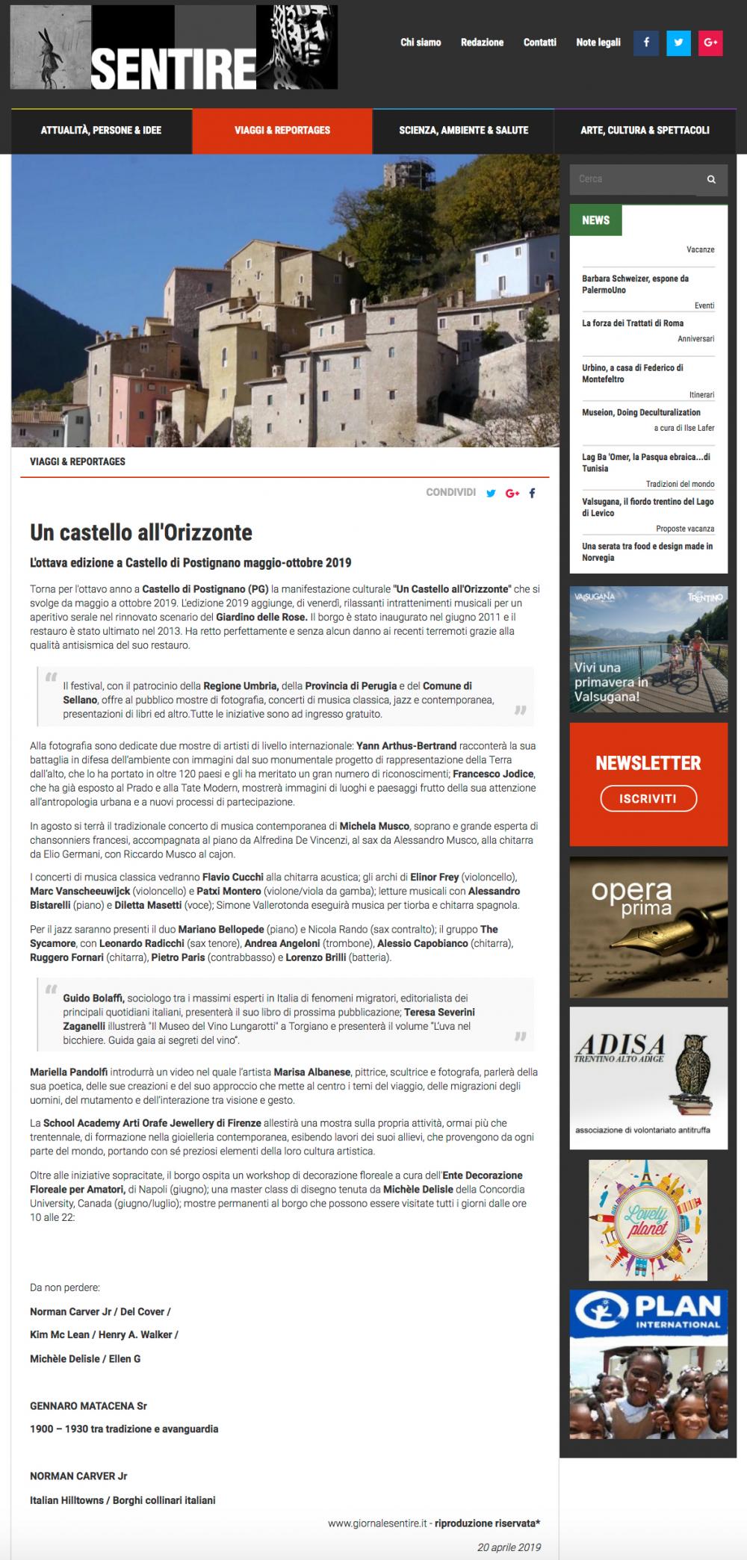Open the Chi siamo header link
[x=421, y=43]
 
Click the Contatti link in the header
[x=539, y=43]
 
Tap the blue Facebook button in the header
[x=645, y=43]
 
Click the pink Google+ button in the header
[x=710, y=43]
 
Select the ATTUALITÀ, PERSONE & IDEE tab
[x=101, y=130]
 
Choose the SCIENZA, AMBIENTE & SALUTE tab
[x=463, y=130]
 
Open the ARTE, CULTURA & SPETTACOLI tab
[x=645, y=130]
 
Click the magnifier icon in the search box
[x=711, y=179]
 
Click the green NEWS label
[x=595, y=220]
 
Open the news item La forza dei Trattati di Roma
[x=633, y=323]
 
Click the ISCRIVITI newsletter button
[x=648, y=799]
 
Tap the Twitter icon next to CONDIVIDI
[x=491, y=493]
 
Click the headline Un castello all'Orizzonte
[x=141, y=532]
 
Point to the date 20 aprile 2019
[x=509, y=1541]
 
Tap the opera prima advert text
[x=631, y=898]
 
